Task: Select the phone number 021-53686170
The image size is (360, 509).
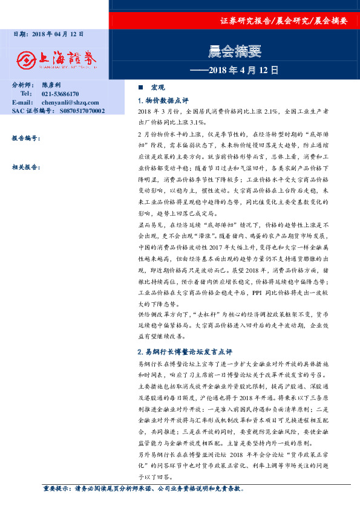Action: point(61,94)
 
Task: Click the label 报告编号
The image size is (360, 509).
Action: point(26,138)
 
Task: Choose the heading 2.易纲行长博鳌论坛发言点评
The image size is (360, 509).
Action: point(185,351)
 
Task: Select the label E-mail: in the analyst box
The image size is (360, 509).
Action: point(22,103)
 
